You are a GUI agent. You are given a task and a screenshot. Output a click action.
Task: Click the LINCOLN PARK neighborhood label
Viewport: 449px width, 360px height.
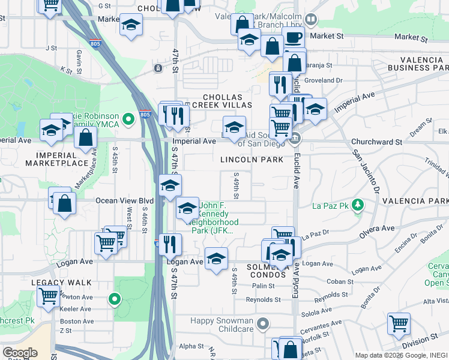tap(252, 160)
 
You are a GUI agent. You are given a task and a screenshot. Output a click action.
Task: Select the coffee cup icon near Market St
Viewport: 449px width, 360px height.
tap(294, 38)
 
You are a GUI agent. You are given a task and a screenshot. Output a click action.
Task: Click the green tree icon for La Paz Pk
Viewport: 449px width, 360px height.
tap(358, 206)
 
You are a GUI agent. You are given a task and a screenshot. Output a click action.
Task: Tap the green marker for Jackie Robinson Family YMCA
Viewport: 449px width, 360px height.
tap(127, 120)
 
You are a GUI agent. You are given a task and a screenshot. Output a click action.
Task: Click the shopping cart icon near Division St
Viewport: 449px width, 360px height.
tap(399, 324)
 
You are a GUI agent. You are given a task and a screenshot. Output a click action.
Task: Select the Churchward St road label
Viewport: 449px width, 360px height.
tap(377, 142)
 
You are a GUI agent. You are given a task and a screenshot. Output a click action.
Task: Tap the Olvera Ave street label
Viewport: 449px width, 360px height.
tap(376, 229)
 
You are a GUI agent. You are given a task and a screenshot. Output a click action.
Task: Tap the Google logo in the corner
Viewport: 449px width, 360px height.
tap(20, 353)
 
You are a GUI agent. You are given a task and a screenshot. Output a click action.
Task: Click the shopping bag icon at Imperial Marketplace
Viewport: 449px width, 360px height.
tap(86, 138)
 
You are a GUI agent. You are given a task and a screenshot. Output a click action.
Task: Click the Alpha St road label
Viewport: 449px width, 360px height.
tap(191, 346)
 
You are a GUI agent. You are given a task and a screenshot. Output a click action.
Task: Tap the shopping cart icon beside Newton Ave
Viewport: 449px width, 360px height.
tap(48, 296)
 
